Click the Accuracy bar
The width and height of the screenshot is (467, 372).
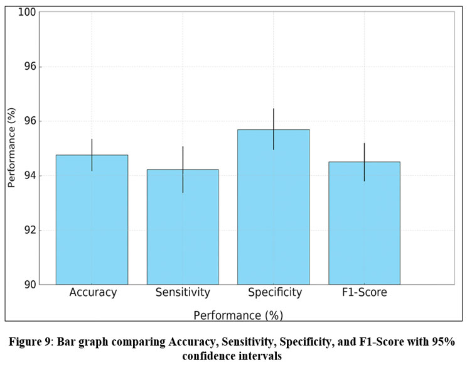tap(92, 219)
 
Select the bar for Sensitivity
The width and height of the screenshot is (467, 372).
tap(183, 226)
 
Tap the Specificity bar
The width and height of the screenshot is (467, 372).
tap(273, 207)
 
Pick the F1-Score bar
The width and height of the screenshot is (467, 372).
tap(364, 222)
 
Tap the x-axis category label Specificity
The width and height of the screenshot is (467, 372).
tap(274, 293)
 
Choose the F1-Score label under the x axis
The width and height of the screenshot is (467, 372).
tap(365, 293)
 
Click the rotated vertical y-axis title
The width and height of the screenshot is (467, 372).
tap(11, 148)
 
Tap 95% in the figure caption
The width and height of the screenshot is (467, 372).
tap(439, 342)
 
